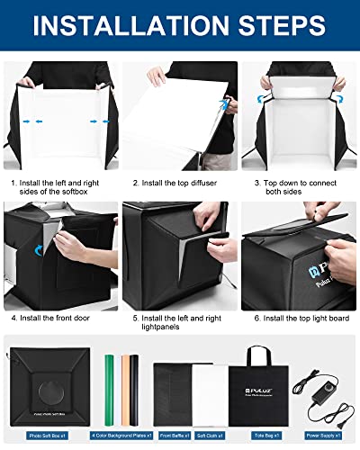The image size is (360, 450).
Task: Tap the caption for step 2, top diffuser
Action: pos(181,184)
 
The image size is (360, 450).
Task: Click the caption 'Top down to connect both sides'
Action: pos(298,188)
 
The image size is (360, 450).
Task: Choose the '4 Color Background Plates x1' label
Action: pos(124,434)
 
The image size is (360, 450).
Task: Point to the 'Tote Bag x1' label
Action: pos(258,434)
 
